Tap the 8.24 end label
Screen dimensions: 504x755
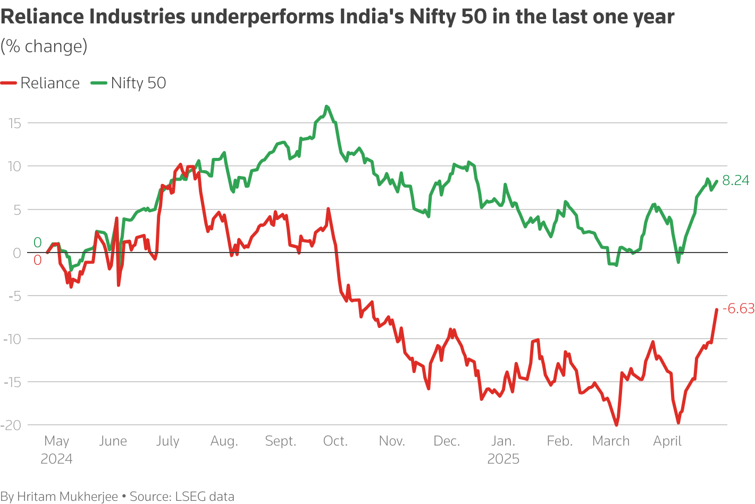click(x=735, y=181)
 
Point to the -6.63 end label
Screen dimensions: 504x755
click(x=738, y=309)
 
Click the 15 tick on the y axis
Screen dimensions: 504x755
click(x=14, y=123)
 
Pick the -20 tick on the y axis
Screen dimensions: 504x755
click(x=11, y=425)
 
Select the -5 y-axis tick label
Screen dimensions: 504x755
click(x=14, y=296)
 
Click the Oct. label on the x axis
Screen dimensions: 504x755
click(x=335, y=441)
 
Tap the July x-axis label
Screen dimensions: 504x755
click(x=167, y=441)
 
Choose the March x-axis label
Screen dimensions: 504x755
click(x=611, y=441)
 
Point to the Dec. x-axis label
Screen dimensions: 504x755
click(x=447, y=441)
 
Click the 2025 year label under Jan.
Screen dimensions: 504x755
click(x=503, y=459)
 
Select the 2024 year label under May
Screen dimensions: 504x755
click(x=56, y=459)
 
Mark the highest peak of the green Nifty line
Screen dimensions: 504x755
click(x=326, y=106)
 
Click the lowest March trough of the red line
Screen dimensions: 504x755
click(x=616, y=425)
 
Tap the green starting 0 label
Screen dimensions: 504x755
click(x=37, y=243)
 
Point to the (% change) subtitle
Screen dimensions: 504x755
click(x=44, y=46)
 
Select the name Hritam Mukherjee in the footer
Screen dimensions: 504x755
click(x=68, y=497)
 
